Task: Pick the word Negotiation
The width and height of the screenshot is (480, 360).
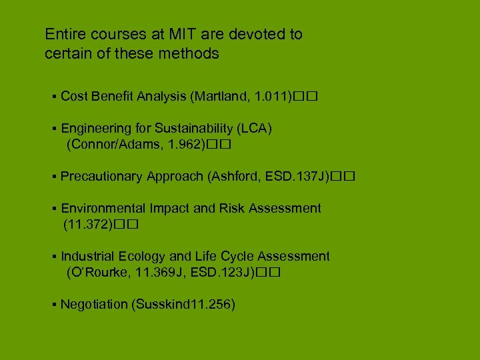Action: (94, 305)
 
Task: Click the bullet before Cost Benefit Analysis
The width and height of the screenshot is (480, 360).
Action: (53, 97)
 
